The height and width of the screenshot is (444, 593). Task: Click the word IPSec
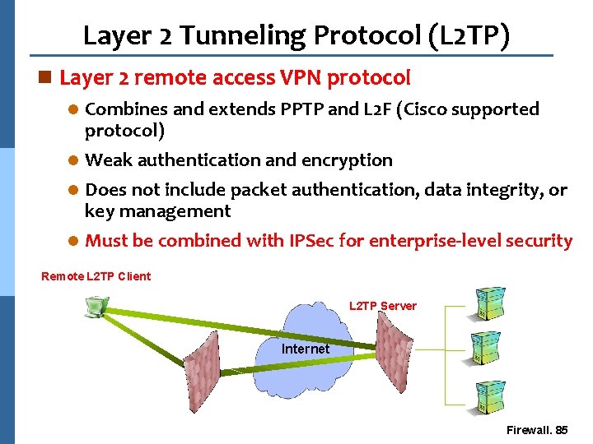[315, 241]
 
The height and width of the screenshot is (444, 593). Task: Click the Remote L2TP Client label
[96, 276]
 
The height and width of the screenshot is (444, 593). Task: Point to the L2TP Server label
[383, 306]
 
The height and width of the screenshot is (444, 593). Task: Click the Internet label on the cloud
[306, 349]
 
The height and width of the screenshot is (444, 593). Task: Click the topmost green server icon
[490, 303]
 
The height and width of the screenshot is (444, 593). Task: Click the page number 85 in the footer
[562, 430]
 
